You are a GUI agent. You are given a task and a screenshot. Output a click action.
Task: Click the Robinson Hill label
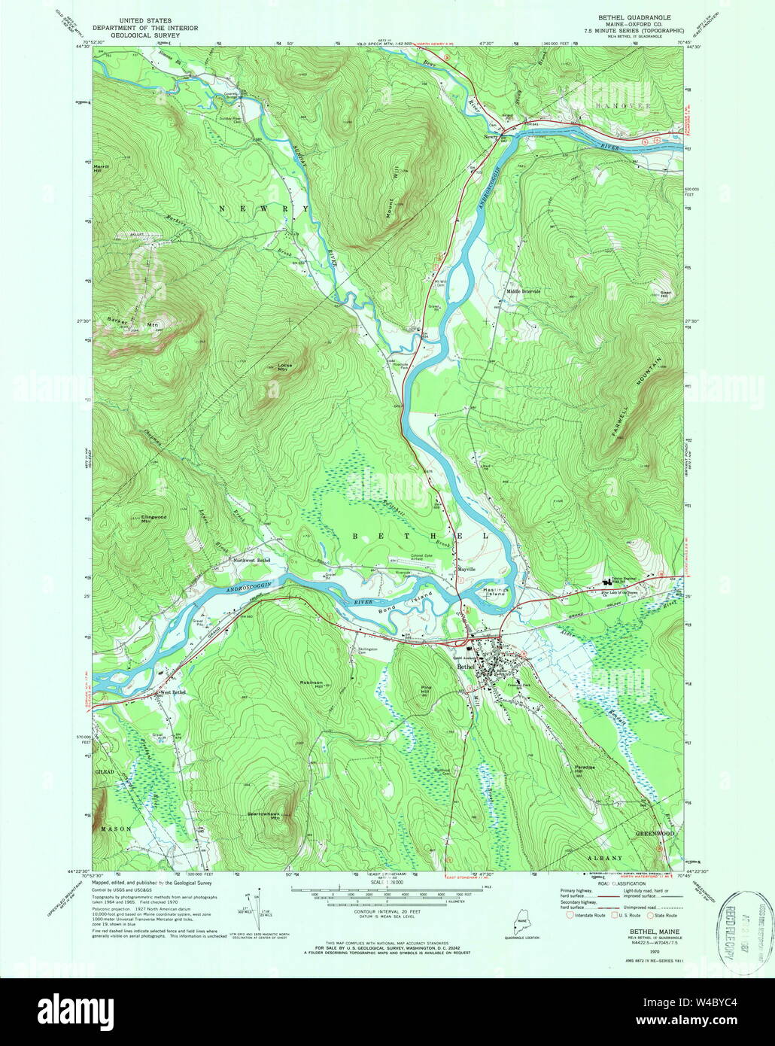pyautogui.click(x=312, y=683)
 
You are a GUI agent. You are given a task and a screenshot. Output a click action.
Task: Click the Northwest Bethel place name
pyautogui.click(x=251, y=561)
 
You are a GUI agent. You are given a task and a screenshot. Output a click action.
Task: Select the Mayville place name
pyautogui.click(x=467, y=570)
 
